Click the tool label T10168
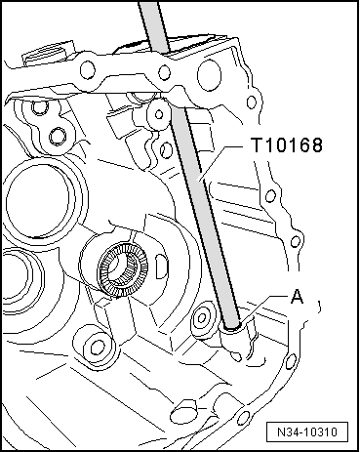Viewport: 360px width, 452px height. (x=287, y=145)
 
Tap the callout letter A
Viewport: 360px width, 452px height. (x=297, y=297)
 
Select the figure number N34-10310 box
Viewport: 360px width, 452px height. (x=307, y=431)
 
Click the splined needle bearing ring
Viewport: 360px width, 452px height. (x=123, y=269)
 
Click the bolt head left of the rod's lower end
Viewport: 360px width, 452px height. (x=202, y=317)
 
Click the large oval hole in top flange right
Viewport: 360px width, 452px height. (x=209, y=74)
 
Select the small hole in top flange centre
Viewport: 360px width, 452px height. (x=164, y=72)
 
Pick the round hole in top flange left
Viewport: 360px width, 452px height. (x=88, y=69)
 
